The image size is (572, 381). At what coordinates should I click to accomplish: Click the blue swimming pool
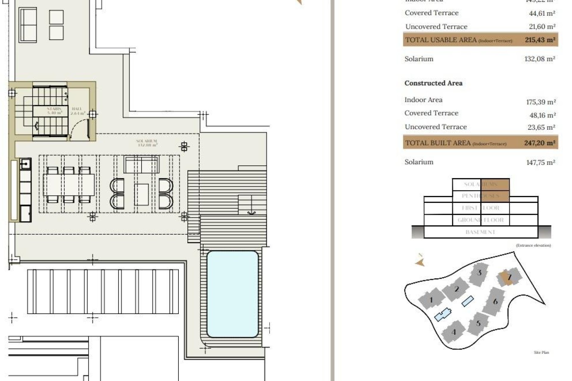232,294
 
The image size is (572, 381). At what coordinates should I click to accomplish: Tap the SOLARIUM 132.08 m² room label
147,143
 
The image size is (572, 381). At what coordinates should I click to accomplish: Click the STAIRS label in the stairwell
54,111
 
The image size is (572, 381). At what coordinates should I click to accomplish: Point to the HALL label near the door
77,111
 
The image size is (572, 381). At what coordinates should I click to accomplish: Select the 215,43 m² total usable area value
540,40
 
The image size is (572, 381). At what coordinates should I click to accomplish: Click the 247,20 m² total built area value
540,143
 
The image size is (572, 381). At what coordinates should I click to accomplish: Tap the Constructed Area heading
433,83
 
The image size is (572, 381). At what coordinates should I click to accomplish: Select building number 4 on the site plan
454,332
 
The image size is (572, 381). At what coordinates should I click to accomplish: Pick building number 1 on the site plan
431,299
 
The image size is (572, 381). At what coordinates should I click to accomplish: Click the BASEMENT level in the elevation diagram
480,232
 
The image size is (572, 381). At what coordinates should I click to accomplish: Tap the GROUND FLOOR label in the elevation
480,220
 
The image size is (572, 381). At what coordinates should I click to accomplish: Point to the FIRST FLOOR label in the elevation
480,208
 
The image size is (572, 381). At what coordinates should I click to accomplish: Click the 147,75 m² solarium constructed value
540,163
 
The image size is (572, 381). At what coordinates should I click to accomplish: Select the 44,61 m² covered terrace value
542,13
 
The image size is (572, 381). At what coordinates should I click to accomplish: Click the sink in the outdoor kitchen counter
26,164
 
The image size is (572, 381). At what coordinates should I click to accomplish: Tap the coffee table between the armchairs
142,195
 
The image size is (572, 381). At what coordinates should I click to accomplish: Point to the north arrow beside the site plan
420,261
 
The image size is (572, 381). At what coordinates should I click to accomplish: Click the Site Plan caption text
541,352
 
